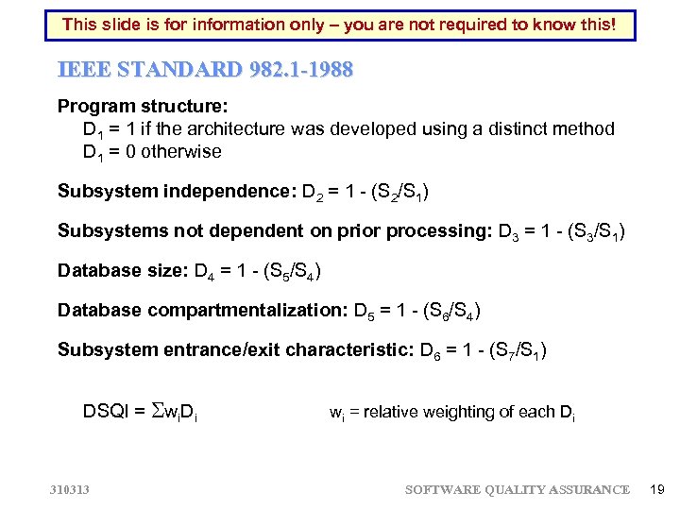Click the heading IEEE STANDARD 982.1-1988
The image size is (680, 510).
204,70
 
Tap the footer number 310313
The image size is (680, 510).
69,489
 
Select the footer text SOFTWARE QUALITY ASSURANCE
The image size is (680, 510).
517,489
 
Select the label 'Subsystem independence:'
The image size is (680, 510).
175,192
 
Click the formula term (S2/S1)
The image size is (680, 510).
399,193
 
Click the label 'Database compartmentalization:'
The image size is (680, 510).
200,311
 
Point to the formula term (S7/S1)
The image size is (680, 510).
518,350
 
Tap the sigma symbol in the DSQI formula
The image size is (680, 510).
158,411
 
